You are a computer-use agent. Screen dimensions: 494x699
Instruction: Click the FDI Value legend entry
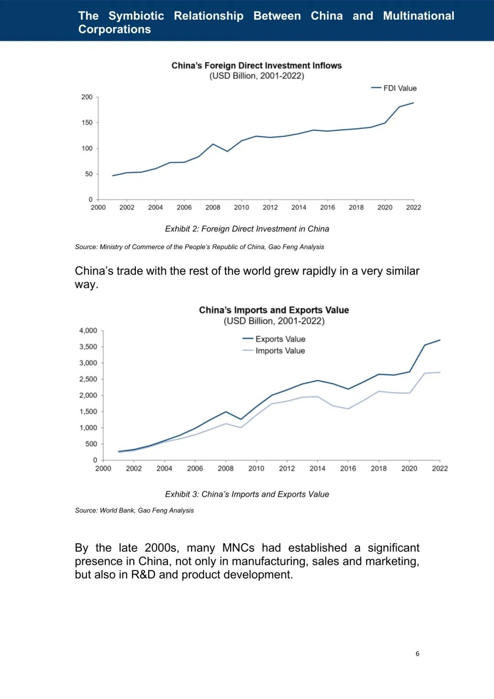click(394, 88)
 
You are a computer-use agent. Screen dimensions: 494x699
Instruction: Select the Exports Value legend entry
click(274, 339)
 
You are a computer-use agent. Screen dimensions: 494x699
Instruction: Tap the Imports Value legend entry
click(274, 351)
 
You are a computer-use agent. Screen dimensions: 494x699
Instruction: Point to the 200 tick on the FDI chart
click(87, 97)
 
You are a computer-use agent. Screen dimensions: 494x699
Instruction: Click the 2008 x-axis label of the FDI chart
click(213, 208)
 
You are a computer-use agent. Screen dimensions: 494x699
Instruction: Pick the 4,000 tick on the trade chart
click(88, 331)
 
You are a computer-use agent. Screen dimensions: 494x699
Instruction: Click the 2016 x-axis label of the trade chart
click(348, 469)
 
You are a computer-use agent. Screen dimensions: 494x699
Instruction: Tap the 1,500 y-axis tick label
click(88, 411)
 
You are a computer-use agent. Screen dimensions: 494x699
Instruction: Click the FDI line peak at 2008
click(213, 144)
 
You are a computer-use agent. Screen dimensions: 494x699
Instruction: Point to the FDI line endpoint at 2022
click(413, 103)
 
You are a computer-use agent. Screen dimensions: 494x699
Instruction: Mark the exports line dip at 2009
click(241, 419)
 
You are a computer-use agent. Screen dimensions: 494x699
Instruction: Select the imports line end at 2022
click(440, 372)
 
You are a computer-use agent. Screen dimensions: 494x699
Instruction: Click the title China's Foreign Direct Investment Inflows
click(256, 65)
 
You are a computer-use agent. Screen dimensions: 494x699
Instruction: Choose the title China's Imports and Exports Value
click(274, 310)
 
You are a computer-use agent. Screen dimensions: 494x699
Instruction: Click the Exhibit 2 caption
click(247, 229)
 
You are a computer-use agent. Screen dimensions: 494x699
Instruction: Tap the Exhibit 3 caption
click(247, 494)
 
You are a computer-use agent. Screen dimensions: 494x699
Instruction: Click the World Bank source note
click(134, 511)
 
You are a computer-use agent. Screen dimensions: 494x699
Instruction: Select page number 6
click(418, 654)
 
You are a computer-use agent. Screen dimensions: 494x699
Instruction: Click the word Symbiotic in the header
click(136, 16)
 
